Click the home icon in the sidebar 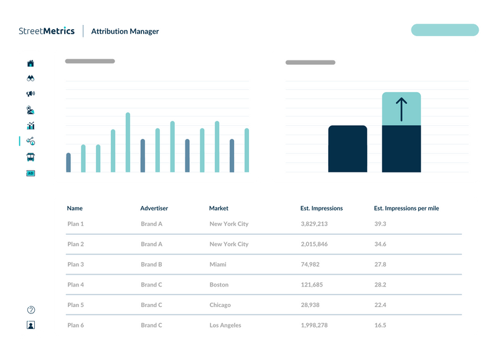click(31, 63)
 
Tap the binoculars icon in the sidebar click(31, 78)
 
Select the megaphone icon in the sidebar click(31, 94)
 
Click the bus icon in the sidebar click(31, 157)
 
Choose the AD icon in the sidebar click(31, 173)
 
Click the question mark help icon click(31, 310)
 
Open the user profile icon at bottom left click(31, 324)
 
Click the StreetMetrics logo click(47, 31)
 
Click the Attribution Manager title click(125, 31)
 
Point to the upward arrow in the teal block click(401, 108)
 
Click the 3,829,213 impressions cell click(314, 224)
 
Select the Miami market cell click(218, 264)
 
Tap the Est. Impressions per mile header click(406, 208)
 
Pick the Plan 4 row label click(75, 285)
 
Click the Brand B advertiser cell click(151, 264)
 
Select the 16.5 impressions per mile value click(380, 325)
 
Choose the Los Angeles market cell click(225, 325)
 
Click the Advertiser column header click(154, 208)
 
